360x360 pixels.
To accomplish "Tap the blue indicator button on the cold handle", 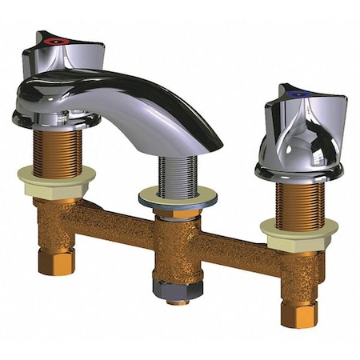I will pos(298,93).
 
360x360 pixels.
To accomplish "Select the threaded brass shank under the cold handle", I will pos(298,200).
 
